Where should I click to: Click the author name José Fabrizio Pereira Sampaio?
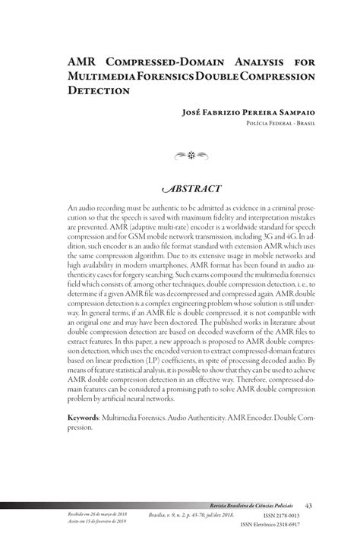[x=248, y=112]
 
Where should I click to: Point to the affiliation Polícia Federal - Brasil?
[x=279, y=122]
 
